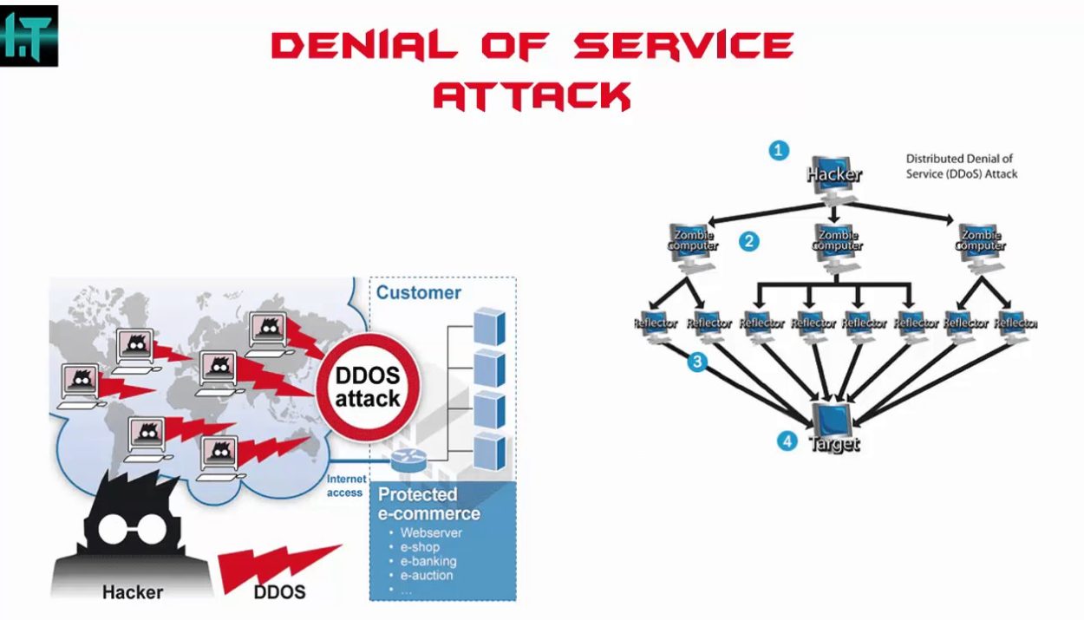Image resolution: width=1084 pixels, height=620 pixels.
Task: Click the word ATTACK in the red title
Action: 532,95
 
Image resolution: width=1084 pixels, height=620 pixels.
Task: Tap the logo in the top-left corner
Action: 29,36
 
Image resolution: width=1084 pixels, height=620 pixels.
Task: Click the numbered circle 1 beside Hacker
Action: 779,150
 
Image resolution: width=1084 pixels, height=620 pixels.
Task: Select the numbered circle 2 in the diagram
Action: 749,241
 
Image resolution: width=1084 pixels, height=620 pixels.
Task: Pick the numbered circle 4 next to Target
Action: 787,441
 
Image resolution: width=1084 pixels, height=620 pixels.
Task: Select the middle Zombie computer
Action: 837,240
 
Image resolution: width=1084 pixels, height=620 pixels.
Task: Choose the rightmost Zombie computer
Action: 980,240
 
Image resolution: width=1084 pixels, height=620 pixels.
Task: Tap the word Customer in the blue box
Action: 418,292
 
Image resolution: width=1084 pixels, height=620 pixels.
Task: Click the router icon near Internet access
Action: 405,460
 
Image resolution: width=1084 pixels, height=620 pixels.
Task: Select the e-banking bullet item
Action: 428,561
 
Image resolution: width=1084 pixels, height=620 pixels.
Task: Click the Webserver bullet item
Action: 431,532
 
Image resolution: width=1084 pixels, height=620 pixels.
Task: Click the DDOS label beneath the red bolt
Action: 279,592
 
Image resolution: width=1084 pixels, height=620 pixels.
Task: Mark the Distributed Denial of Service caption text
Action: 961,166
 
